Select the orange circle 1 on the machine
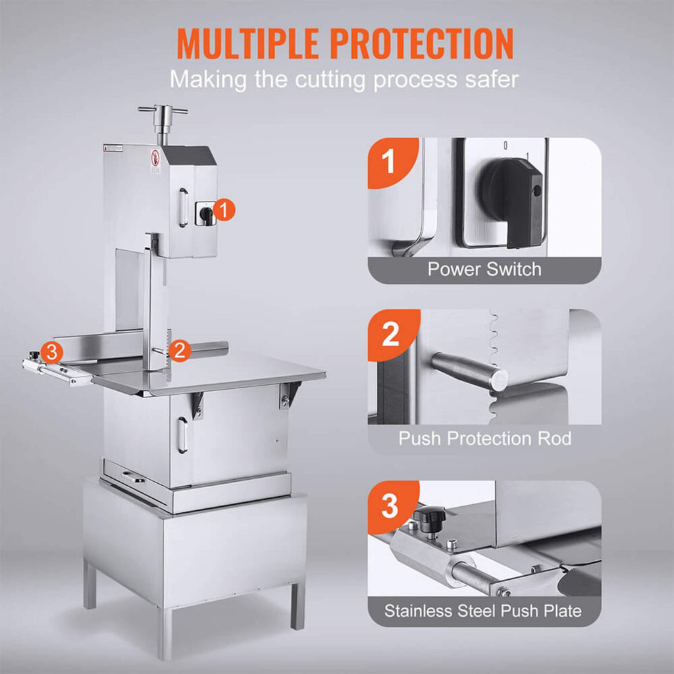[224, 211]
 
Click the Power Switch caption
[484, 269]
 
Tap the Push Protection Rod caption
[484, 438]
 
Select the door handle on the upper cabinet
[182, 207]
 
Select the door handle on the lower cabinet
[182, 434]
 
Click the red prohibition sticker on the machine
[155, 158]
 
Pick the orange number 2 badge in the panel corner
[391, 334]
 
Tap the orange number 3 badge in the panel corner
[391, 505]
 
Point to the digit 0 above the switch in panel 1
[505, 144]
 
